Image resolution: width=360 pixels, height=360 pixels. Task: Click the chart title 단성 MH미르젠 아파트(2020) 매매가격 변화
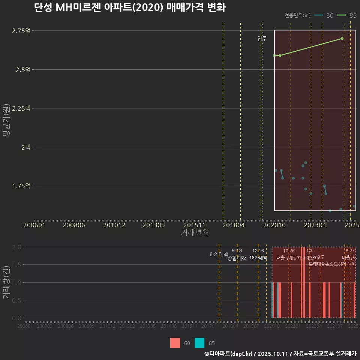coord(130,8)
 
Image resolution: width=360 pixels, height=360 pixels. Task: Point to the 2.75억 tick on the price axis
coord(21,31)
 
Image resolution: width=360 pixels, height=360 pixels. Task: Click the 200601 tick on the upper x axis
coord(34,225)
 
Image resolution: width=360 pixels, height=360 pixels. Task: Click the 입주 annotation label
coord(262,39)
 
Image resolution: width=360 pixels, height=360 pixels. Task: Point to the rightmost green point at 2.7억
coord(342,39)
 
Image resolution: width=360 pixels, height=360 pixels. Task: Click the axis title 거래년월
coord(195,233)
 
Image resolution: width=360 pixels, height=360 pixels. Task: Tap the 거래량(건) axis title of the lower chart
coord(6,282)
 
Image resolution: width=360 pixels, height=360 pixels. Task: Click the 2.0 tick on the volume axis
coord(17,247)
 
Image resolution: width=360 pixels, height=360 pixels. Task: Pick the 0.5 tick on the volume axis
coord(17,300)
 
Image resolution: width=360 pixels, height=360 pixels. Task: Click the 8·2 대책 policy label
coord(219,254)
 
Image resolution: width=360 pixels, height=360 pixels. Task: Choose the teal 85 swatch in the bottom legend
coord(200,343)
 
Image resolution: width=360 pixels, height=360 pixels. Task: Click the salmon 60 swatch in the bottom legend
coord(175,343)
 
